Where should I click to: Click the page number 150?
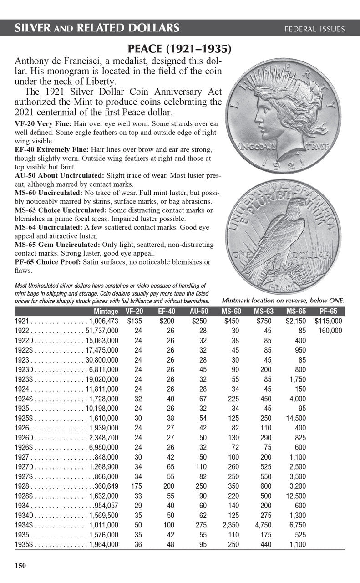click(20, 566)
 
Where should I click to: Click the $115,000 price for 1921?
click(328, 321)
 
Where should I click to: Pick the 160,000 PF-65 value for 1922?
click(330, 331)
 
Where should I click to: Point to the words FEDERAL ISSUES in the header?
click(314, 29)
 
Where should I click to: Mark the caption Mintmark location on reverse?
click(283, 301)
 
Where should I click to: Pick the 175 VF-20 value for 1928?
click(137, 486)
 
